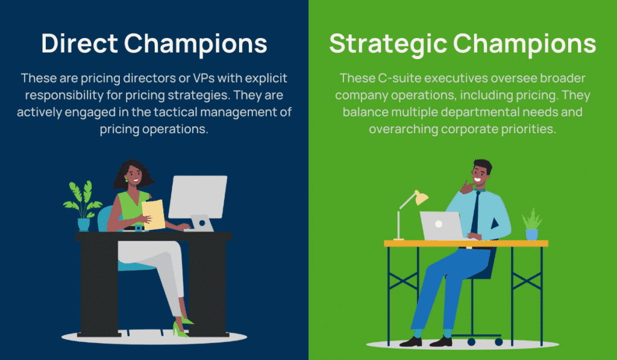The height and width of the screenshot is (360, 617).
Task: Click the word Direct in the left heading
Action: [80, 43]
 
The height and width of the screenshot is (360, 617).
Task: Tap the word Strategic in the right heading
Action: [388, 44]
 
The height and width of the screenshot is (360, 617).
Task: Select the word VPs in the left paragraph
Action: [204, 78]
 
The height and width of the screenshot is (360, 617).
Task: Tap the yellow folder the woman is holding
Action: [153, 214]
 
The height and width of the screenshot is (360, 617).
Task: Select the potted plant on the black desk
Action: [83, 206]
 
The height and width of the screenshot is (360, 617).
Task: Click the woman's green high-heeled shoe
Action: [182, 327]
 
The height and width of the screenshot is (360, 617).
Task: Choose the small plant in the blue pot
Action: [532, 224]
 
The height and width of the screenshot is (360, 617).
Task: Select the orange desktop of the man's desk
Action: [466, 244]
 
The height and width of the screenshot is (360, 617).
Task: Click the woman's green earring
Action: [127, 179]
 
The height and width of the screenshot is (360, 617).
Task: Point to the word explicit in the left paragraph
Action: [266, 78]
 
